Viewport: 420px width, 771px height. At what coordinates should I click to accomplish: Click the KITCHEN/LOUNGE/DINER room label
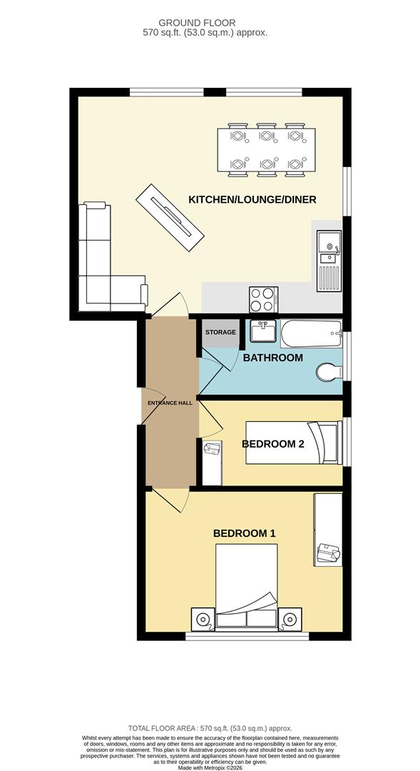pos(252,199)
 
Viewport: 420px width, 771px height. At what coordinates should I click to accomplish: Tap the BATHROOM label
pos(273,358)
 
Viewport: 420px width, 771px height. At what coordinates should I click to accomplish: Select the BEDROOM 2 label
pos(273,443)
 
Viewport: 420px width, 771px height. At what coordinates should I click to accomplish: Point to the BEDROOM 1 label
pos(245,533)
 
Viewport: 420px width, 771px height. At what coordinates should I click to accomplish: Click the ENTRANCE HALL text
pos(170,403)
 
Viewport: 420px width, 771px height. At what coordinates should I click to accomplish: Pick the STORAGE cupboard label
pos(220,333)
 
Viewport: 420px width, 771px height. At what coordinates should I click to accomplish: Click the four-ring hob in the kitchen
pos(262,299)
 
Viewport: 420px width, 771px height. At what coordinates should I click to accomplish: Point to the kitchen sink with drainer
pos(329,260)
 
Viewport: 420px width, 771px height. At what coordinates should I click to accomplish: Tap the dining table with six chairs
pos(265,151)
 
